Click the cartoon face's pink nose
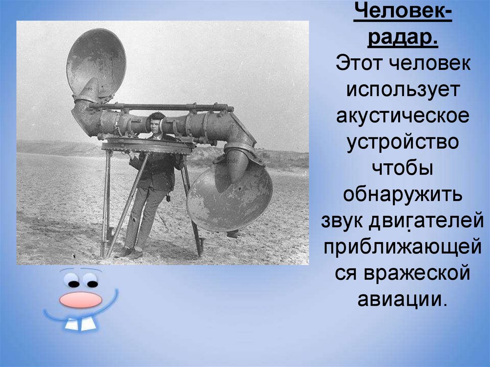coord(80,300)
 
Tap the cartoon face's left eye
coord(73,281)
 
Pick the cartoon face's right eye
coord(90,282)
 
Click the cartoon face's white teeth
coord(80,325)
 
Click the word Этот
coord(355,64)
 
